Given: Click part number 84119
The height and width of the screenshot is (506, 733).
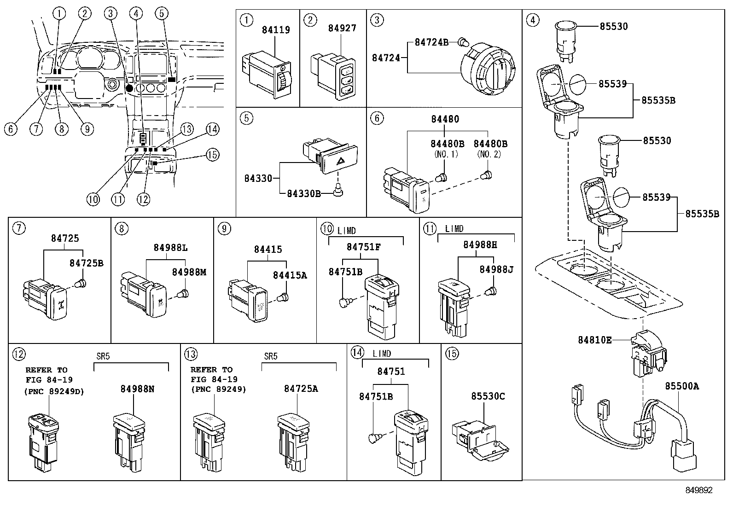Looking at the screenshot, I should (276, 30).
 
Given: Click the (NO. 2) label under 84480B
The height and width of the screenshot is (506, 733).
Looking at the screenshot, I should (490, 154).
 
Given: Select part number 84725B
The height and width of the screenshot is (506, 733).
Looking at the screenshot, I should (86, 263).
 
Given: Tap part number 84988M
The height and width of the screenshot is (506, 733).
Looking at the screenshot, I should (189, 272).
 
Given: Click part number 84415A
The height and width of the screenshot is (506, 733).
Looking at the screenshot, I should (290, 275).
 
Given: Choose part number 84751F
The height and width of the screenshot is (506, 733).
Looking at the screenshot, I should (363, 247).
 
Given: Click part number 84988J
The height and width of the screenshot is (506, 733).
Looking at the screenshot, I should (496, 269).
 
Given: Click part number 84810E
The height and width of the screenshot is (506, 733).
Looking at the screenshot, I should (595, 340).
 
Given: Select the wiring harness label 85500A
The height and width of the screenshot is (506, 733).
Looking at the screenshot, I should (681, 386).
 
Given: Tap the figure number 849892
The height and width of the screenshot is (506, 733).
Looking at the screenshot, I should (698, 490).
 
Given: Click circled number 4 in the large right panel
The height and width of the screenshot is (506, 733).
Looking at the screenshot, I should (533, 20).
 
